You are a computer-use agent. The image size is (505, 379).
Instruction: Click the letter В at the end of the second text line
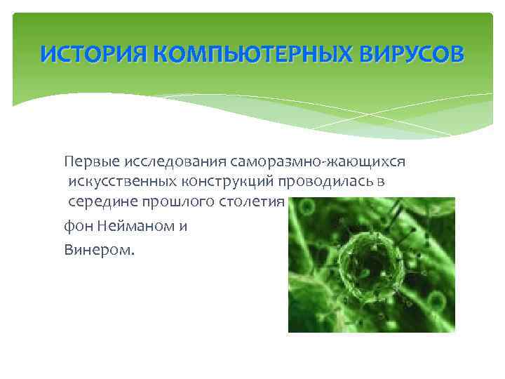[x=381, y=182]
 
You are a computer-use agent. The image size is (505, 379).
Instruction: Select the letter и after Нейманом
[x=184, y=227]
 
